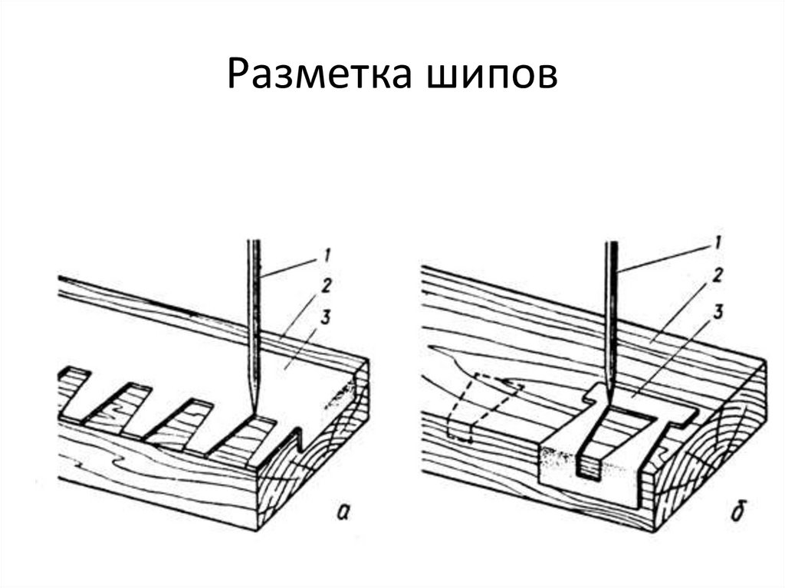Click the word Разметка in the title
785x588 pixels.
320,73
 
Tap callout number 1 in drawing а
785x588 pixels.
327,255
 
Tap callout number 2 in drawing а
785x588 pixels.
326,286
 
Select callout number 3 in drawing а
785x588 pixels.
326,317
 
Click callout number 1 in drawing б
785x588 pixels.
718,243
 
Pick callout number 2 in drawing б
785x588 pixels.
718,275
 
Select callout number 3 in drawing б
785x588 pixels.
718,312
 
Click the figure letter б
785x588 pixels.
736,511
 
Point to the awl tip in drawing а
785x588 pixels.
254,412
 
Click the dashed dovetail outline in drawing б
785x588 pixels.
483,406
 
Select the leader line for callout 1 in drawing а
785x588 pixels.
290,267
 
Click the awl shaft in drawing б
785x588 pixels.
611,320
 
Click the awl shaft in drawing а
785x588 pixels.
255,326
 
